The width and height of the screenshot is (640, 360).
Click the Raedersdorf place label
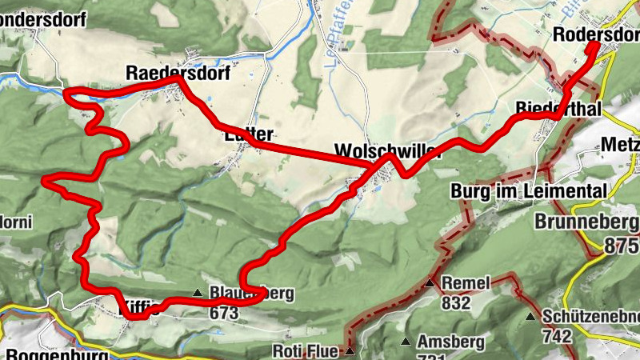[178, 74]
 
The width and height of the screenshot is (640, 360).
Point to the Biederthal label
[558, 108]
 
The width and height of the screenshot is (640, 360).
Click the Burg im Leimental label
[528, 191]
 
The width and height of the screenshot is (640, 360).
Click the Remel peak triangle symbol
[430, 283]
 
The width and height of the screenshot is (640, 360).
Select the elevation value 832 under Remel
[454, 303]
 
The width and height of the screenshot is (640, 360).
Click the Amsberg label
[451, 342]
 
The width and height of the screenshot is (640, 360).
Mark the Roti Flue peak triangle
[350, 350]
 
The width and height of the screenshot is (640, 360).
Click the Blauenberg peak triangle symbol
[198, 293]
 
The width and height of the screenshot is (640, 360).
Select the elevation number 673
[225, 313]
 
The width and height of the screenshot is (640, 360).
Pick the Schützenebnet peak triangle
[530, 317]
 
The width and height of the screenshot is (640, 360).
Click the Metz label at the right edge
[622, 146]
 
